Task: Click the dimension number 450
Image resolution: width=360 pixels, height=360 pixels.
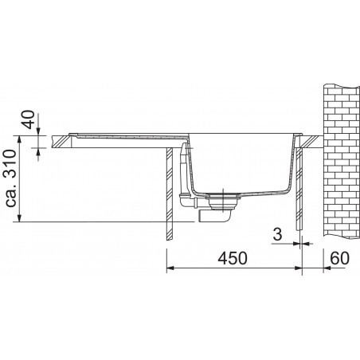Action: click(x=232, y=258)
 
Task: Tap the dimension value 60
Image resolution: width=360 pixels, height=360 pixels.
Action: click(x=339, y=258)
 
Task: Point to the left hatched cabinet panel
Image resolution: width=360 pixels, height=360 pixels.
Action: click(x=169, y=195)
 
